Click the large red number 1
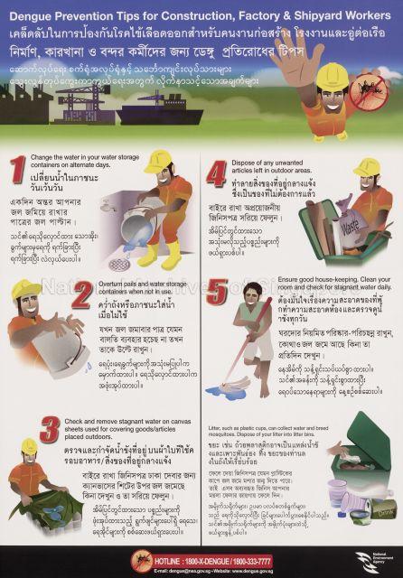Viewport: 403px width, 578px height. (x=16, y=172)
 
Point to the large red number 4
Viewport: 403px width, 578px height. (x=216, y=172)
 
